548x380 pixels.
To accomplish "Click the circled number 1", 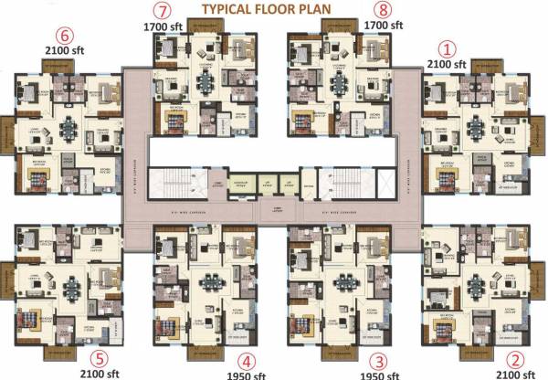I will coord(447,47).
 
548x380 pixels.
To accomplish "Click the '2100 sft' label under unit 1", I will coord(448,65).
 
